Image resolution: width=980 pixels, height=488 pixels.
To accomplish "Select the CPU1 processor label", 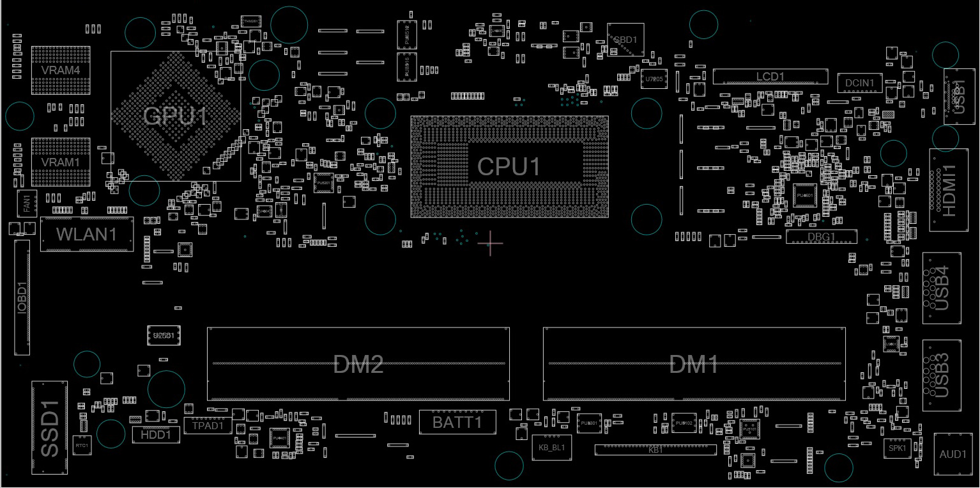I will (509, 167).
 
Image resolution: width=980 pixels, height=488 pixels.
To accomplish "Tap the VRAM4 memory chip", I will (61, 70).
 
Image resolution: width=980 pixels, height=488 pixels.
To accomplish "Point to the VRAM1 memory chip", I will (61, 162).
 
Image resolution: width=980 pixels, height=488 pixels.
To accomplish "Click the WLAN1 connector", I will (87, 234).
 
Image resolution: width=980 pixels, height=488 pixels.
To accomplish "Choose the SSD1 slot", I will (50, 428).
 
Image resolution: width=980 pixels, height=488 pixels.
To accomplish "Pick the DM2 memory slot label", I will (358, 365).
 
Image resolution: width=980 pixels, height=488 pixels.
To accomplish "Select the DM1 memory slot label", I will (694, 366).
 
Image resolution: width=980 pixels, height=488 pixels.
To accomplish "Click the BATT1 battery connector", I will (457, 422).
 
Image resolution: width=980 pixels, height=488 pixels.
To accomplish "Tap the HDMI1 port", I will (949, 190).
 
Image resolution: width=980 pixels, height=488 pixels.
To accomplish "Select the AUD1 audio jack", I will (953, 454).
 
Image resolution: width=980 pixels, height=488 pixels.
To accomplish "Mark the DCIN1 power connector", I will (860, 83).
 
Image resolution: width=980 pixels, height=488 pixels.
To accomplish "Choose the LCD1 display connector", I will (770, 77).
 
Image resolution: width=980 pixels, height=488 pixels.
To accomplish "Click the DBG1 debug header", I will (821, 237).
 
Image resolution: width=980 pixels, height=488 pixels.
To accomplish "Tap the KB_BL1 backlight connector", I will (552, 447).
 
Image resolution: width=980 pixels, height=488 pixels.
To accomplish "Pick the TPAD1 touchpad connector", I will (208, 425).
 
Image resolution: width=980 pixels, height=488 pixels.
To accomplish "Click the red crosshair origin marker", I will (490, 244).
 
